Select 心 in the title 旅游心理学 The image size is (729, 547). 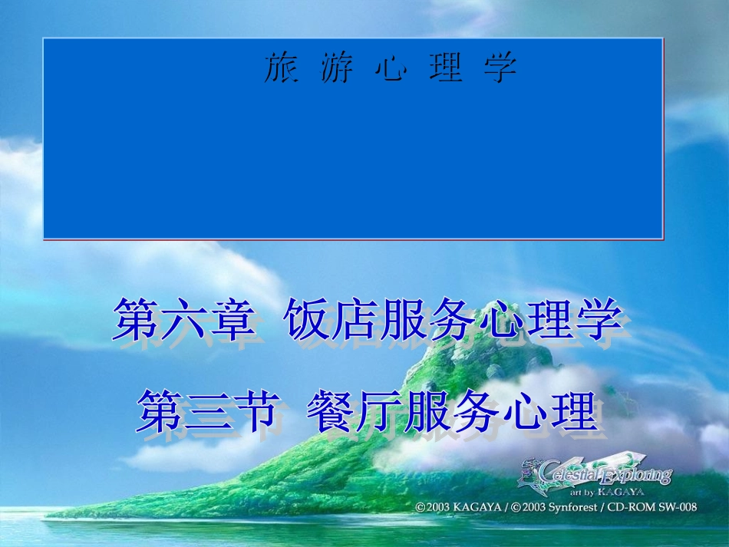(390, 68)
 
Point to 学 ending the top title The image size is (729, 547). (500, 68)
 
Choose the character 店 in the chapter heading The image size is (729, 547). (353, 320)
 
